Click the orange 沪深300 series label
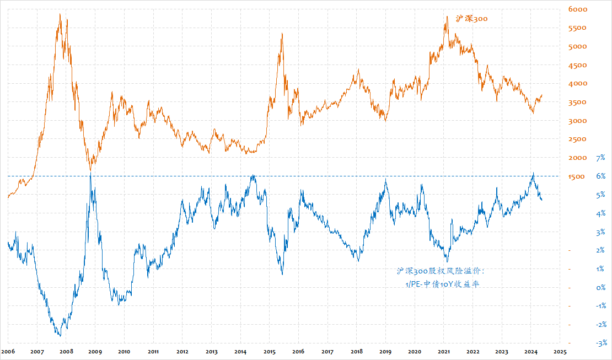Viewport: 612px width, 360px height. coord(471,19)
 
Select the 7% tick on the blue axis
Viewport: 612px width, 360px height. coord(601,158)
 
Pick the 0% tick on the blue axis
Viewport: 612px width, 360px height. coord(601,288)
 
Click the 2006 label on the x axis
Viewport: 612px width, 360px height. coord(8,351)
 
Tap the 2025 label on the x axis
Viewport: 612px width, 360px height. coord(560,351)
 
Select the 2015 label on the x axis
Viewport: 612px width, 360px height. coord(270,351)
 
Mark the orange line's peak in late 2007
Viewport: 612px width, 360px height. coord(60,14)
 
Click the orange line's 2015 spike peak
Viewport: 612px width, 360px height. coord(282,34)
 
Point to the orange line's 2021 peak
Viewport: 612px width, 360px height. coord(446,17)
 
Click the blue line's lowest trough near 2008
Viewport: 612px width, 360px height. coord(60,335)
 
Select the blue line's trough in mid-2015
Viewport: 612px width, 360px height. coord(282,274)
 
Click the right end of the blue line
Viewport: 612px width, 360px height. coord(542,200)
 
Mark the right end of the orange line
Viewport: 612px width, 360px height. coord(542,95)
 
